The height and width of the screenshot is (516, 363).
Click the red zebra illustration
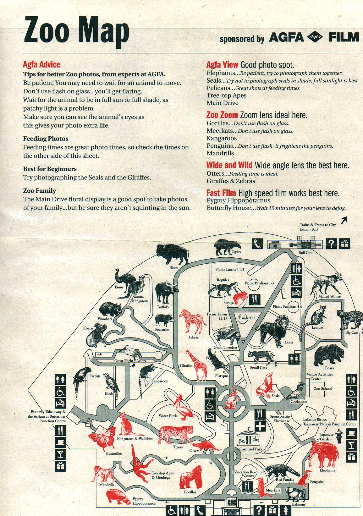point(193,321)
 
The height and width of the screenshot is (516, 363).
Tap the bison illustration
point(173,254)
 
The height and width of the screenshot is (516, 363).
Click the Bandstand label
point(247,318)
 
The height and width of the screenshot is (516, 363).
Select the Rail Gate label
point(306,253)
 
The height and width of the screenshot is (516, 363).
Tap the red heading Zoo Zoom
point(222,115)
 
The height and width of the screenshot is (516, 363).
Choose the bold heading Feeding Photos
point(46,139)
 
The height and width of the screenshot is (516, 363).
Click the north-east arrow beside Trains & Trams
point(344,220)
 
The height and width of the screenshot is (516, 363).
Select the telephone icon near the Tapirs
point(257,244)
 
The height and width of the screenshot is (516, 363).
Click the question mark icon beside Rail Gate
point(331,244)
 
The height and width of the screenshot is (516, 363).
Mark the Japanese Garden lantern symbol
point(338,436)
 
